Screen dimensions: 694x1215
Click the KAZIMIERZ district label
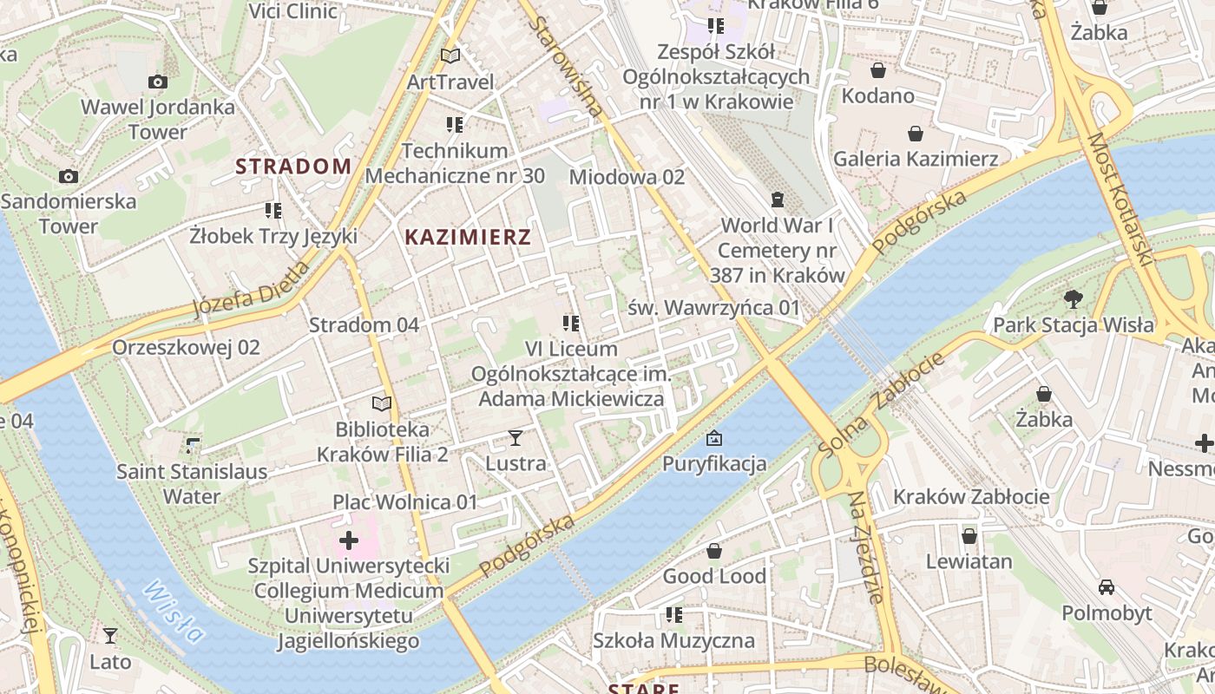click(468, 237)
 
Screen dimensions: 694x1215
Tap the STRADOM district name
click(293, 166)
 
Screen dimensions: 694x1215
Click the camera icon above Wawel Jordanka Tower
click(157, 82)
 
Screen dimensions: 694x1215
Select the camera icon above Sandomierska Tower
click(68, 177)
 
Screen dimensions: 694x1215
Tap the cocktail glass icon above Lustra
click(516, 438)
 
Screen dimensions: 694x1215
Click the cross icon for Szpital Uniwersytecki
click(349, 541)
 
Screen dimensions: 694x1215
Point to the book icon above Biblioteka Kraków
click(382, 403)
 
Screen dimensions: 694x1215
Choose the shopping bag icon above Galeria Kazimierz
click(915, 134)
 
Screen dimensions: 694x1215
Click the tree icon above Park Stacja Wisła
click(1074, 300)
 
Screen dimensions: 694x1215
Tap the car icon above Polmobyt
click(1107, 587)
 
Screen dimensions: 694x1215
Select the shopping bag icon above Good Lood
click(713, 551)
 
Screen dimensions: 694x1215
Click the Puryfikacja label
click(714, 463)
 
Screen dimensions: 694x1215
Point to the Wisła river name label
click(174, 612)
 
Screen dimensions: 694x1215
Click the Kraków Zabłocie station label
click(971, 497)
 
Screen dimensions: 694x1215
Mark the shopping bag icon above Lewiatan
click(969, 536)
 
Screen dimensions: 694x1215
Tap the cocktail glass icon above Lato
click(110, 636)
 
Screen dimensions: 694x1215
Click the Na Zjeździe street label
click(865, 547)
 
